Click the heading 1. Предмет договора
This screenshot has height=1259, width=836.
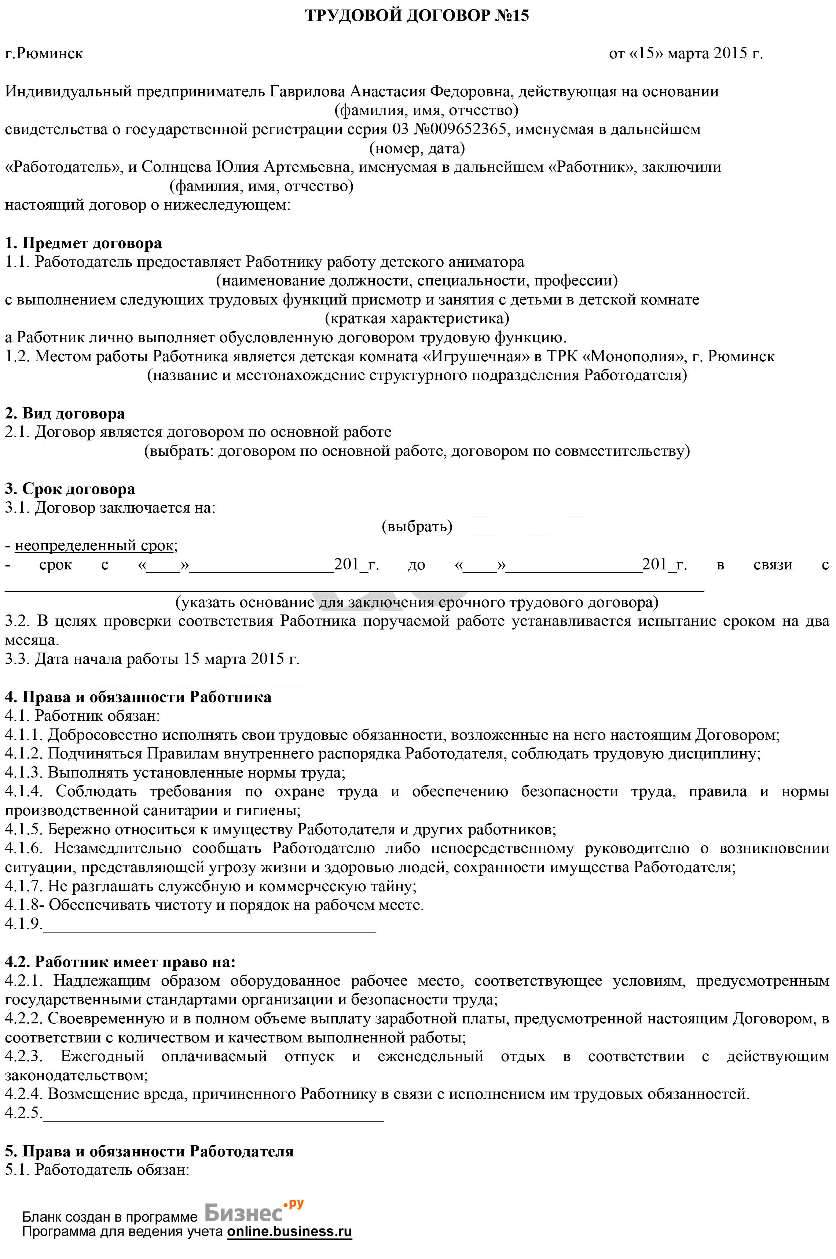pyautogui.click(x=83, y=244)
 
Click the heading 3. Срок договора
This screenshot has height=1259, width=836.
pyautogui.click(x=70, y=489)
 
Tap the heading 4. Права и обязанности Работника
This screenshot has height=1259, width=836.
pyautogui.click(x=138, y=697)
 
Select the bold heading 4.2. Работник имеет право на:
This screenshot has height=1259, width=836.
pyautogui.click(x=120, y=962)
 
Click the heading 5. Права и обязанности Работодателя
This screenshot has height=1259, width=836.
pyautogui.click(x=149, y=1151)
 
